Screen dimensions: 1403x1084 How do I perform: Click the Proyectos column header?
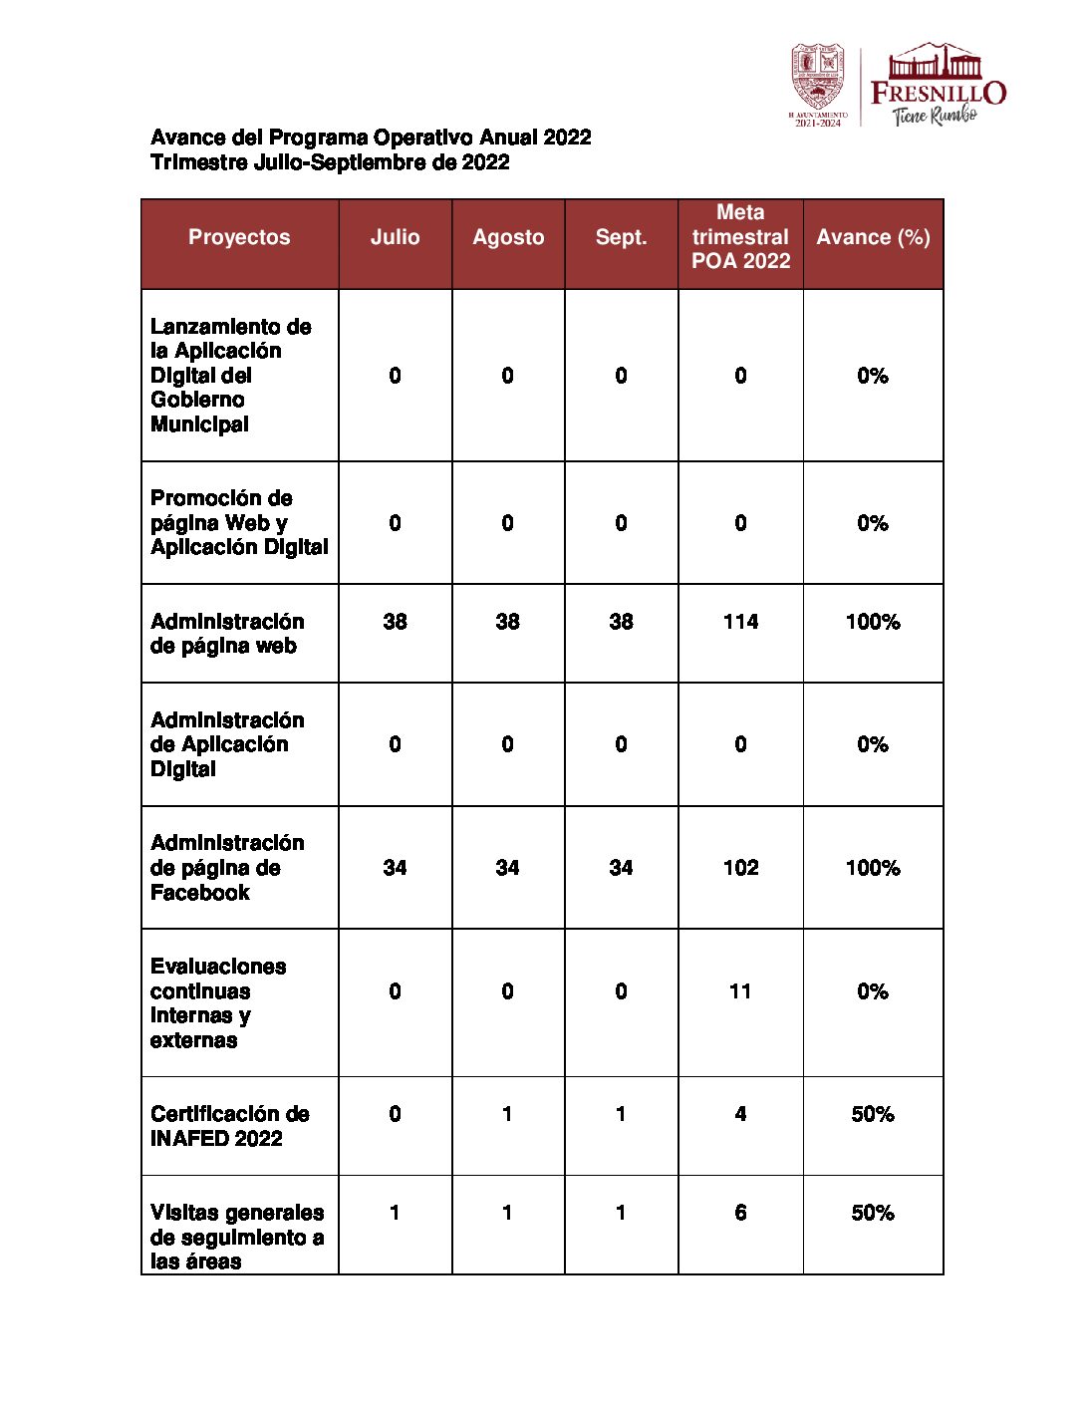239,237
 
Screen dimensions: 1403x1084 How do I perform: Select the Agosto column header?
508,237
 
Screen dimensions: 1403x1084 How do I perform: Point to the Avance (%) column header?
873,237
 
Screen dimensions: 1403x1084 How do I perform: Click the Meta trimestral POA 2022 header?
740,237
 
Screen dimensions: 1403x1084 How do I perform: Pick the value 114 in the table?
740,622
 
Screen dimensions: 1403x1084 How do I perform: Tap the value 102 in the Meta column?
740,868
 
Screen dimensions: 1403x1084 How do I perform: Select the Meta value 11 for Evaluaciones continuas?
740,991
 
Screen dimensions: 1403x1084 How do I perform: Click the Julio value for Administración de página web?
395,622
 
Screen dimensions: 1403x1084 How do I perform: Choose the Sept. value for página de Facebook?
621,868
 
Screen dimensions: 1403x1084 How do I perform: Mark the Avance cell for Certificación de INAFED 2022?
873,1114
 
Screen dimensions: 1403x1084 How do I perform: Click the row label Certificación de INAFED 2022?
230,1126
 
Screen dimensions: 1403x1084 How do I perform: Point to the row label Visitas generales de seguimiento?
237,1237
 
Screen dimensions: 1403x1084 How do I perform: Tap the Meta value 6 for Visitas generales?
740,1213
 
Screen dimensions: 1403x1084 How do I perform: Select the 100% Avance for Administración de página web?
873,622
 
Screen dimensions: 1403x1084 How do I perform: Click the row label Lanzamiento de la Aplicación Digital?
230,376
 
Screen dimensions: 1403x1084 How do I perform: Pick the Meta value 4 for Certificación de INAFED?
740,1114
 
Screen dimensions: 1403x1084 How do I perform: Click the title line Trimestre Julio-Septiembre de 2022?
330,162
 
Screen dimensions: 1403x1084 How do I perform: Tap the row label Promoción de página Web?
239,522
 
